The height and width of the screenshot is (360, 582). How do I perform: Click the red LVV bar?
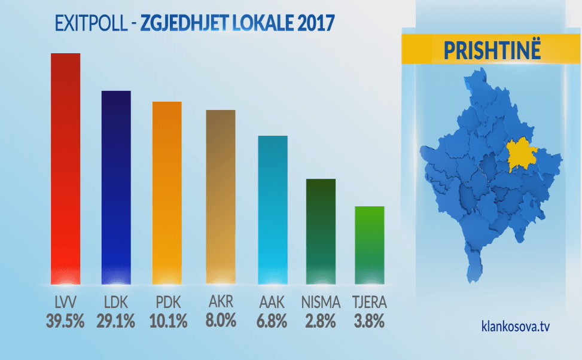tap(65, 167)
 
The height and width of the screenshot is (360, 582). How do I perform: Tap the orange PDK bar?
tap(167, 192)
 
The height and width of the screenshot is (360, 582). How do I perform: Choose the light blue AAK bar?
tap(273, 209)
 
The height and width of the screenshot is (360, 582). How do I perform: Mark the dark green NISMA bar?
tap(321, 231)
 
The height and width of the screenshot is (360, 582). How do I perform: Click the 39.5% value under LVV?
tap(65, 321)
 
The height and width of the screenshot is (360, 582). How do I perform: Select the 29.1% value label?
tap(116, 321)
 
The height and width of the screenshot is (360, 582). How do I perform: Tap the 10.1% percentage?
tap(167, 321)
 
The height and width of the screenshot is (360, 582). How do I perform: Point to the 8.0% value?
tap(220, 321)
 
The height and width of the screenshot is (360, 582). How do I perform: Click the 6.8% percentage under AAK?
tap(272, 321)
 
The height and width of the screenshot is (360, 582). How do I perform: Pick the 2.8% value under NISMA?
tap(321, 321)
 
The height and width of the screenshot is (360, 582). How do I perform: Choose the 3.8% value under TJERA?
tap(369, 321)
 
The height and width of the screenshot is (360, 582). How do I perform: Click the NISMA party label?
tap(321, 302)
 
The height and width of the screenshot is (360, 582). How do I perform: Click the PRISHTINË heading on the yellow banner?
tap(492, 50)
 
